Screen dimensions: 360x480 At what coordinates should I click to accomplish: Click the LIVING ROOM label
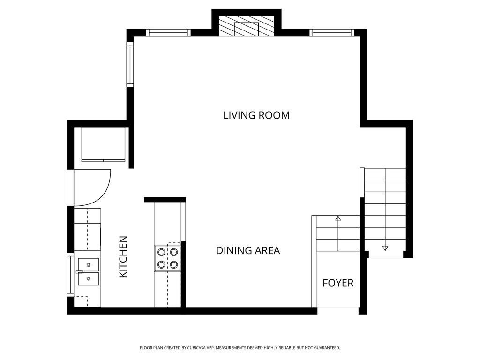(x=256, y=115)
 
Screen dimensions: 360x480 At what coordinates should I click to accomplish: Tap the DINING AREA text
(x=247, y=250)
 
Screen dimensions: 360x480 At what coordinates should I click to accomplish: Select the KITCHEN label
(x=123, y=256)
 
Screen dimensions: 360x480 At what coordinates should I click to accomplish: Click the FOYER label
(x=337, y=283)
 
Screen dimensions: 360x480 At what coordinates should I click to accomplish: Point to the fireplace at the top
(x=247, y=27)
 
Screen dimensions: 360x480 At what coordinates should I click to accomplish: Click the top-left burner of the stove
(x=161, y=252)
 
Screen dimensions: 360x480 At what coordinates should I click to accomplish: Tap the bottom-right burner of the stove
(x=174, y=265)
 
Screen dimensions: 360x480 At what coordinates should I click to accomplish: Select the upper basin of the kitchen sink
(x=89, y=265)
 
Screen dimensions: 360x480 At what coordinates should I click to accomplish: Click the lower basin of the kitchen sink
(x=89, y=279)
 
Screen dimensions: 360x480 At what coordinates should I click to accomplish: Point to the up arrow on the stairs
(x=337, y=218)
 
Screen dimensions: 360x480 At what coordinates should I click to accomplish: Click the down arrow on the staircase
(x=385, y=248)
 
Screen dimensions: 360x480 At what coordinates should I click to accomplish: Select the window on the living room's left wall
(x=130, y=64)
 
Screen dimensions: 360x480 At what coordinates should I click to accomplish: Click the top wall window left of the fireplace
(x=168, y=32)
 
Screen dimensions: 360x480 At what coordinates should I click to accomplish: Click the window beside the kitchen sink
(x=71, y=275)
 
